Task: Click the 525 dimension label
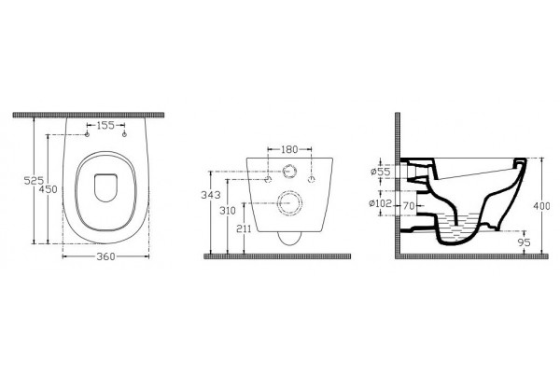(34, 181)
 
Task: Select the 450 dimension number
(48, 189)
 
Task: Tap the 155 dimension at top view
(105, 125)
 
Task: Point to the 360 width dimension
(106, 256)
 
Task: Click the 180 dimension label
(289, 149)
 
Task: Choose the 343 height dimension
(211, 195)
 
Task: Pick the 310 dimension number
(228, 211)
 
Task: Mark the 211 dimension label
(244, 228)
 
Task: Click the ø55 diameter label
(381, 172)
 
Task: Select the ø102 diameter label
(381, 203)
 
